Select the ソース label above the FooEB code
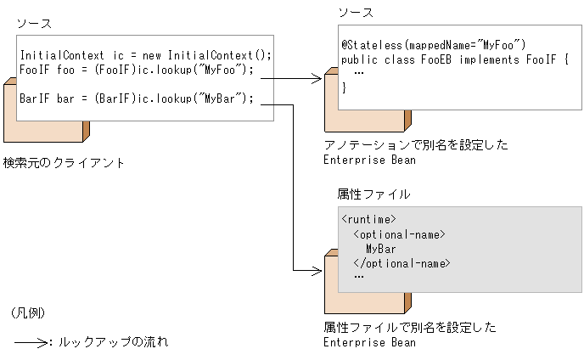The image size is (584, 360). point(356,13)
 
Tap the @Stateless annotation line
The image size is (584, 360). point(433,44)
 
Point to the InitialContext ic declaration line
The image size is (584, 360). point(145,55)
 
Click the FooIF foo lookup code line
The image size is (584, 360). point(137,70)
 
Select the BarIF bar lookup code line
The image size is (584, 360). point(137,98)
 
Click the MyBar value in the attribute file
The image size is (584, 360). point(380,249)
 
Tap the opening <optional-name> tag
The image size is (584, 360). point(399,234)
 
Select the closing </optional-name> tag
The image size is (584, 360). point(401,263)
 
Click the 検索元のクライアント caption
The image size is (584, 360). point(64,162)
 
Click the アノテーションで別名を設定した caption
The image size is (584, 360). point(416,145)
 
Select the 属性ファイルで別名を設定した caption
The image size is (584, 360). point(410,328)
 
